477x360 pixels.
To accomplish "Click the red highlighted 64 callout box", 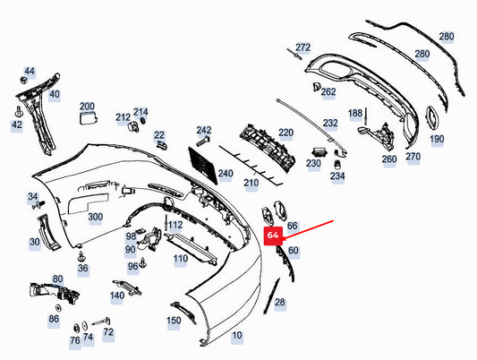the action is (273, 236).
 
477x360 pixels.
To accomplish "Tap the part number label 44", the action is (30, 72).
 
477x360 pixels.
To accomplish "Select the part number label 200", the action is (87, 107).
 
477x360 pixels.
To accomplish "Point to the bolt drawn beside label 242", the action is (203, 141).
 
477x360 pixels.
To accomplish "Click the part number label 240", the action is (226, 174).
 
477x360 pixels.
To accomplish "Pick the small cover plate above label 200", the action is (89, 118).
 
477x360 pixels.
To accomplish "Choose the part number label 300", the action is (95, 217).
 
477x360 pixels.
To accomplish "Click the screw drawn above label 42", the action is (19, 112).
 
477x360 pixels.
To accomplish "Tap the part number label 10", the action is (237, 335).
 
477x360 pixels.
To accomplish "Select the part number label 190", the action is (437, 140).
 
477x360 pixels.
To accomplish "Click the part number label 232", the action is (330, 124).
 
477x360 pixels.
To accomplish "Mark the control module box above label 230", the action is (319, 151).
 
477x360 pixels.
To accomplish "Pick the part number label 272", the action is (303, 47).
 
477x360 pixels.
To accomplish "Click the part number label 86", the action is (54, 319).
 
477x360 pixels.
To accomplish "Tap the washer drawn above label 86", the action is (58, 308).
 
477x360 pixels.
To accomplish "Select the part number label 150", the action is (174, 321).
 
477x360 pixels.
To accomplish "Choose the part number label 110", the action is (181, 259).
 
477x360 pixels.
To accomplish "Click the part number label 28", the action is (280, 302).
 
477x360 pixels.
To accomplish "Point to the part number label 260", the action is (389, 159).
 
